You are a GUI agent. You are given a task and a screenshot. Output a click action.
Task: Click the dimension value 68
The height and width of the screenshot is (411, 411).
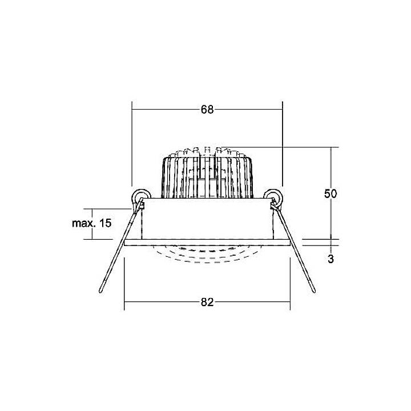pos(207,110)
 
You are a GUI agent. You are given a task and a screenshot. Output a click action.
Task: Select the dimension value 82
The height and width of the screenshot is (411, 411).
pos(207,303)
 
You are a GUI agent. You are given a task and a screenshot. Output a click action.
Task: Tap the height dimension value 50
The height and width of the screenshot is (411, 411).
pos(331,194)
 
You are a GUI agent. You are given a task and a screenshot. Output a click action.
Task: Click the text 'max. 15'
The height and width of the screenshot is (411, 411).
pos(92,223)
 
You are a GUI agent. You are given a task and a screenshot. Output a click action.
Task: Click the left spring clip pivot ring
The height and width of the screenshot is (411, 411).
pos(139,198)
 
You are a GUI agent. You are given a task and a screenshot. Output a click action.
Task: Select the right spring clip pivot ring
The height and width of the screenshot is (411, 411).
pos(275,198)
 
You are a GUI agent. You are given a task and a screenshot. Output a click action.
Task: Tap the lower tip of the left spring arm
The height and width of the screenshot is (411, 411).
pos(101,291)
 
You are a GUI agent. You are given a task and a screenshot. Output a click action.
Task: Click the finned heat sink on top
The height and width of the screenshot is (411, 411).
pos(207,174)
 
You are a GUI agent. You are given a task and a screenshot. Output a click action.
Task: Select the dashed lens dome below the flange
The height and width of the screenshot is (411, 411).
pos(207,253)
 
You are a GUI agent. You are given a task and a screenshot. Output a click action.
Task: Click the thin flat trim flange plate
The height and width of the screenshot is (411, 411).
pos(207,243)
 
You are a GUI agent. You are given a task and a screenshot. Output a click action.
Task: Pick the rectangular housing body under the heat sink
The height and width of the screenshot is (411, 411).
pos(207,219)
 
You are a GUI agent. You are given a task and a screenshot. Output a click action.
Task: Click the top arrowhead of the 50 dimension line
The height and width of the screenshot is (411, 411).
pos(331,150)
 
